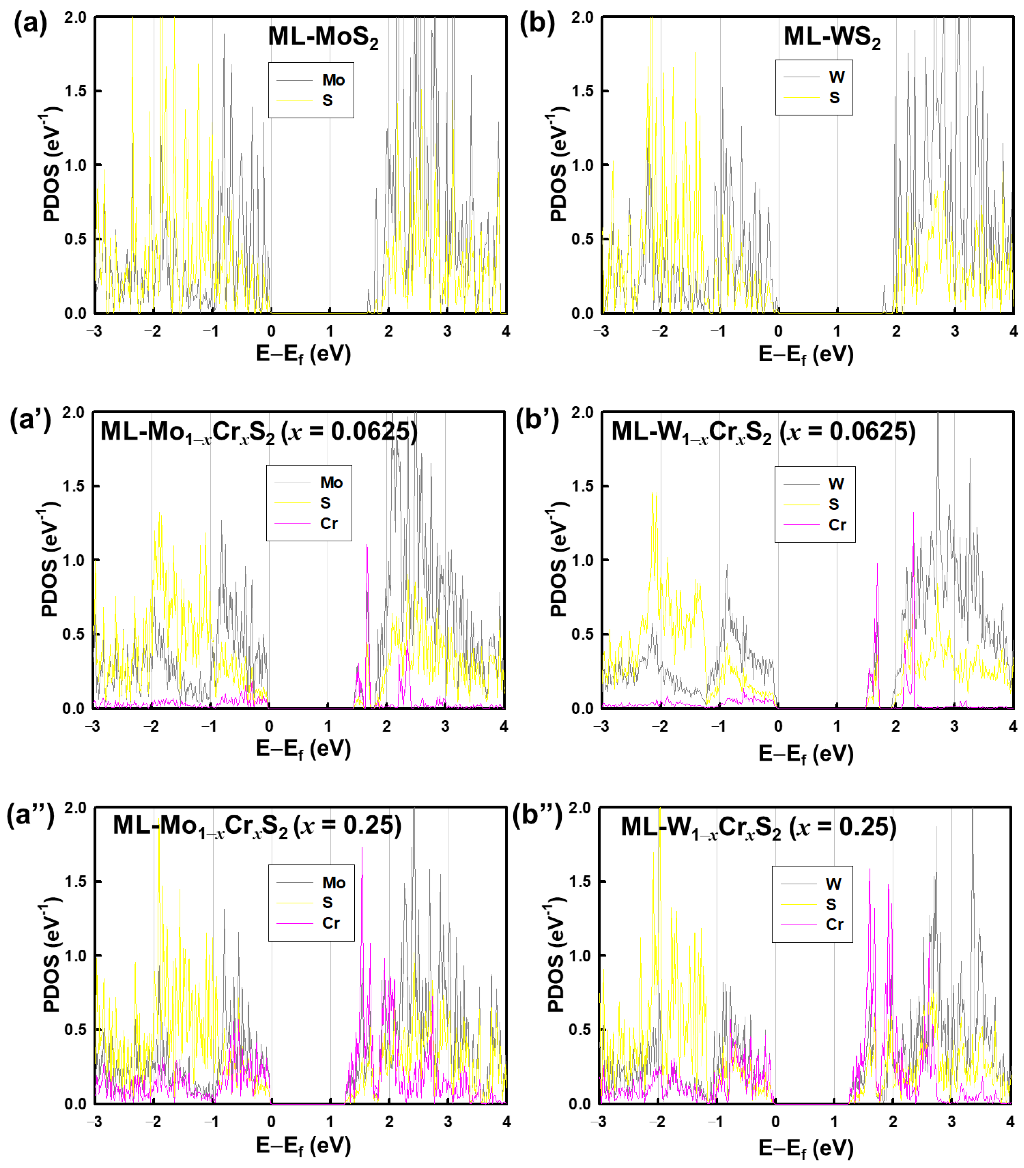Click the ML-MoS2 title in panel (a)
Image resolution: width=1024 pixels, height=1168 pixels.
pyautogui.click(x=323, y=37)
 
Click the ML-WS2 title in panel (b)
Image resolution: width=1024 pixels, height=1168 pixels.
pyautogui.click(x=831, y=37)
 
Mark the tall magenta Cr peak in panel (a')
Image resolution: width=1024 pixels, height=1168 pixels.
pyautogui.click(x=367, y=549)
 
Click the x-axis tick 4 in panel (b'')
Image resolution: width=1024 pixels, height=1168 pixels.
pyautogui.click(x=1010, y=1122)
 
